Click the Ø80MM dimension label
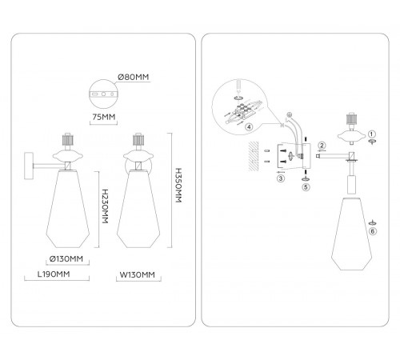[x=133, y=78]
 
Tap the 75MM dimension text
[x=104, y=117]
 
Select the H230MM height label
[x=105, y=206]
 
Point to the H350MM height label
[x=178, y=186]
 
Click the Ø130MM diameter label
[x=66, y=258]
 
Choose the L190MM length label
[x=54, y=274]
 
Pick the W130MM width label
[x=137, y=274]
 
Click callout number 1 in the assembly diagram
[x=372, y=134]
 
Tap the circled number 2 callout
[x=322, y=146]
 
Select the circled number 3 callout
[x=281, y=178]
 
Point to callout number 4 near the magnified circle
[x=249, y=127]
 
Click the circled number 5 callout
[x=306, y=187]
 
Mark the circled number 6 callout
[x=373, y=231]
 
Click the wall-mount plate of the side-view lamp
[x=29, y=166]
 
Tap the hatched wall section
[x=254, y=156]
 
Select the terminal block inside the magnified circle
[x=242, y=111]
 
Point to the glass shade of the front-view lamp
[x=138, y=209]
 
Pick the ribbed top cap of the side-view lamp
[x=68, y=140]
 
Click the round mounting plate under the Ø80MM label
[x=103, y=94]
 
